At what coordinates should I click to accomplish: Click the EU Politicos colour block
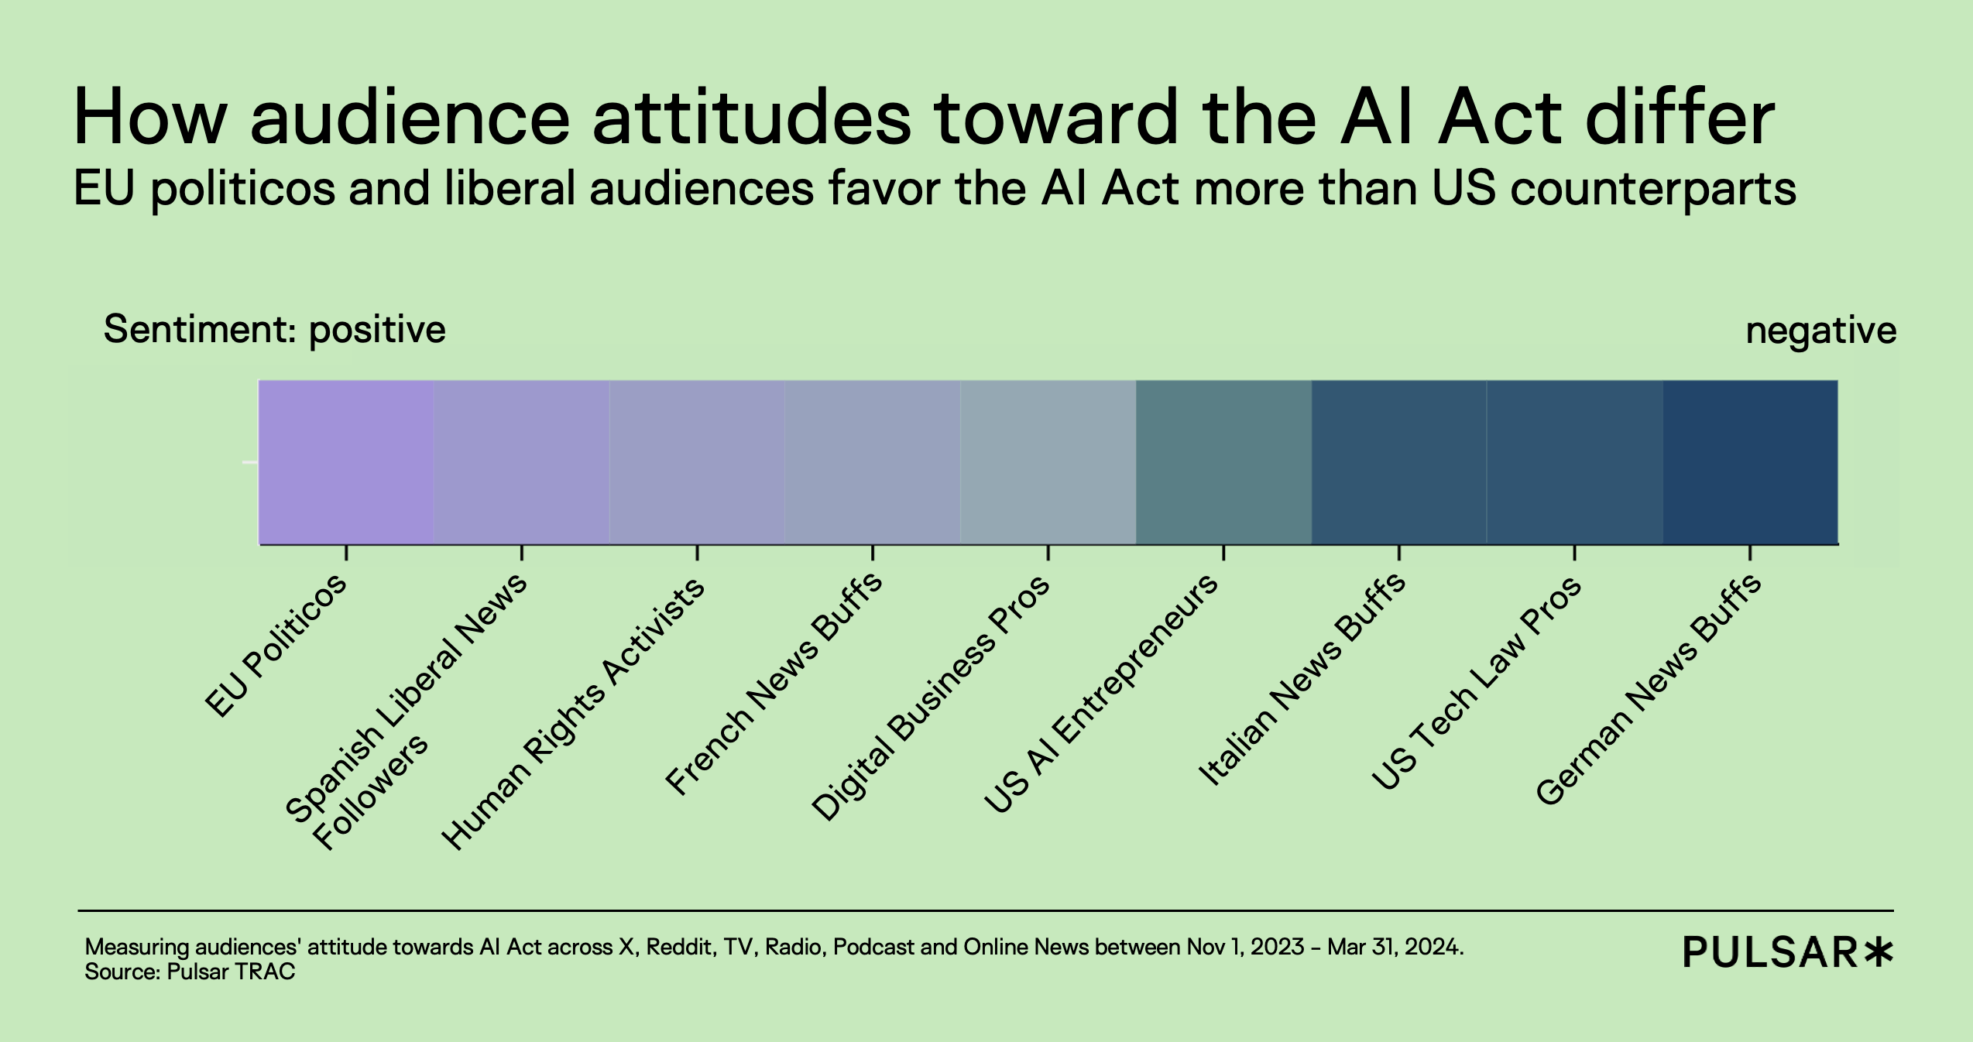[345, 462]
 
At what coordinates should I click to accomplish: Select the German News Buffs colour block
[1750, 462]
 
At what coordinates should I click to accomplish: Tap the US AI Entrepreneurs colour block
[1223, 462]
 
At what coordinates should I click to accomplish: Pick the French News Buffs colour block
[873, 462]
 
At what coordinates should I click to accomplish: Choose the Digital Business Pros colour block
[1048, 462]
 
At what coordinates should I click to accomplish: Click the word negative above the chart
[1820, 331]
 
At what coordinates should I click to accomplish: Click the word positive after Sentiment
[377, 331]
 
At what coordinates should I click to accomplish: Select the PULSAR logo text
[1770, 952]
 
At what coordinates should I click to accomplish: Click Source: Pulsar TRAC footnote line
[190, 972]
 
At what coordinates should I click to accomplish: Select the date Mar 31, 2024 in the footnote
[1394, 947]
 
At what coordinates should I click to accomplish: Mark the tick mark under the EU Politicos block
[346, 553]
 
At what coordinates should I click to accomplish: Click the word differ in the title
[1680, 118]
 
